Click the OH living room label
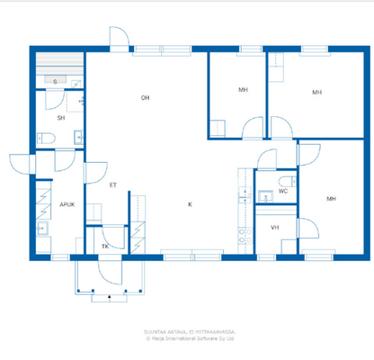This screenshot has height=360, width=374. (x=144, y=97)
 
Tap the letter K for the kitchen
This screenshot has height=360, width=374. (x=190, y=204)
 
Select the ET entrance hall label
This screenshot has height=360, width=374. (x=112, y=185)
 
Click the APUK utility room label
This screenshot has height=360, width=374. (x=67, y=204)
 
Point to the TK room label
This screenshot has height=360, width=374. (x=104, y=246)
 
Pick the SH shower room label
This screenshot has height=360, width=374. (x=61, y=118)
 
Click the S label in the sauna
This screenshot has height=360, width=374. (x=56, y=82)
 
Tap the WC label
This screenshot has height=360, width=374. (x=282, y=192)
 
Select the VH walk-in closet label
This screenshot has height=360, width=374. (x=274, y=228)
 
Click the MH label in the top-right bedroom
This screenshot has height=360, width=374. (x=316, y=92)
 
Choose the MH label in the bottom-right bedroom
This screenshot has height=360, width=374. (x=331, y=199)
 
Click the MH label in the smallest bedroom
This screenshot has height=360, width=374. (x=243, y=90)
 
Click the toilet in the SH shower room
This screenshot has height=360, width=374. (x=49, y=137)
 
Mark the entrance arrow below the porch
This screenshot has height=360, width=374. (x=109, y=296)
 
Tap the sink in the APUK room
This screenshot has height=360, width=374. (x=41, y=229)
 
